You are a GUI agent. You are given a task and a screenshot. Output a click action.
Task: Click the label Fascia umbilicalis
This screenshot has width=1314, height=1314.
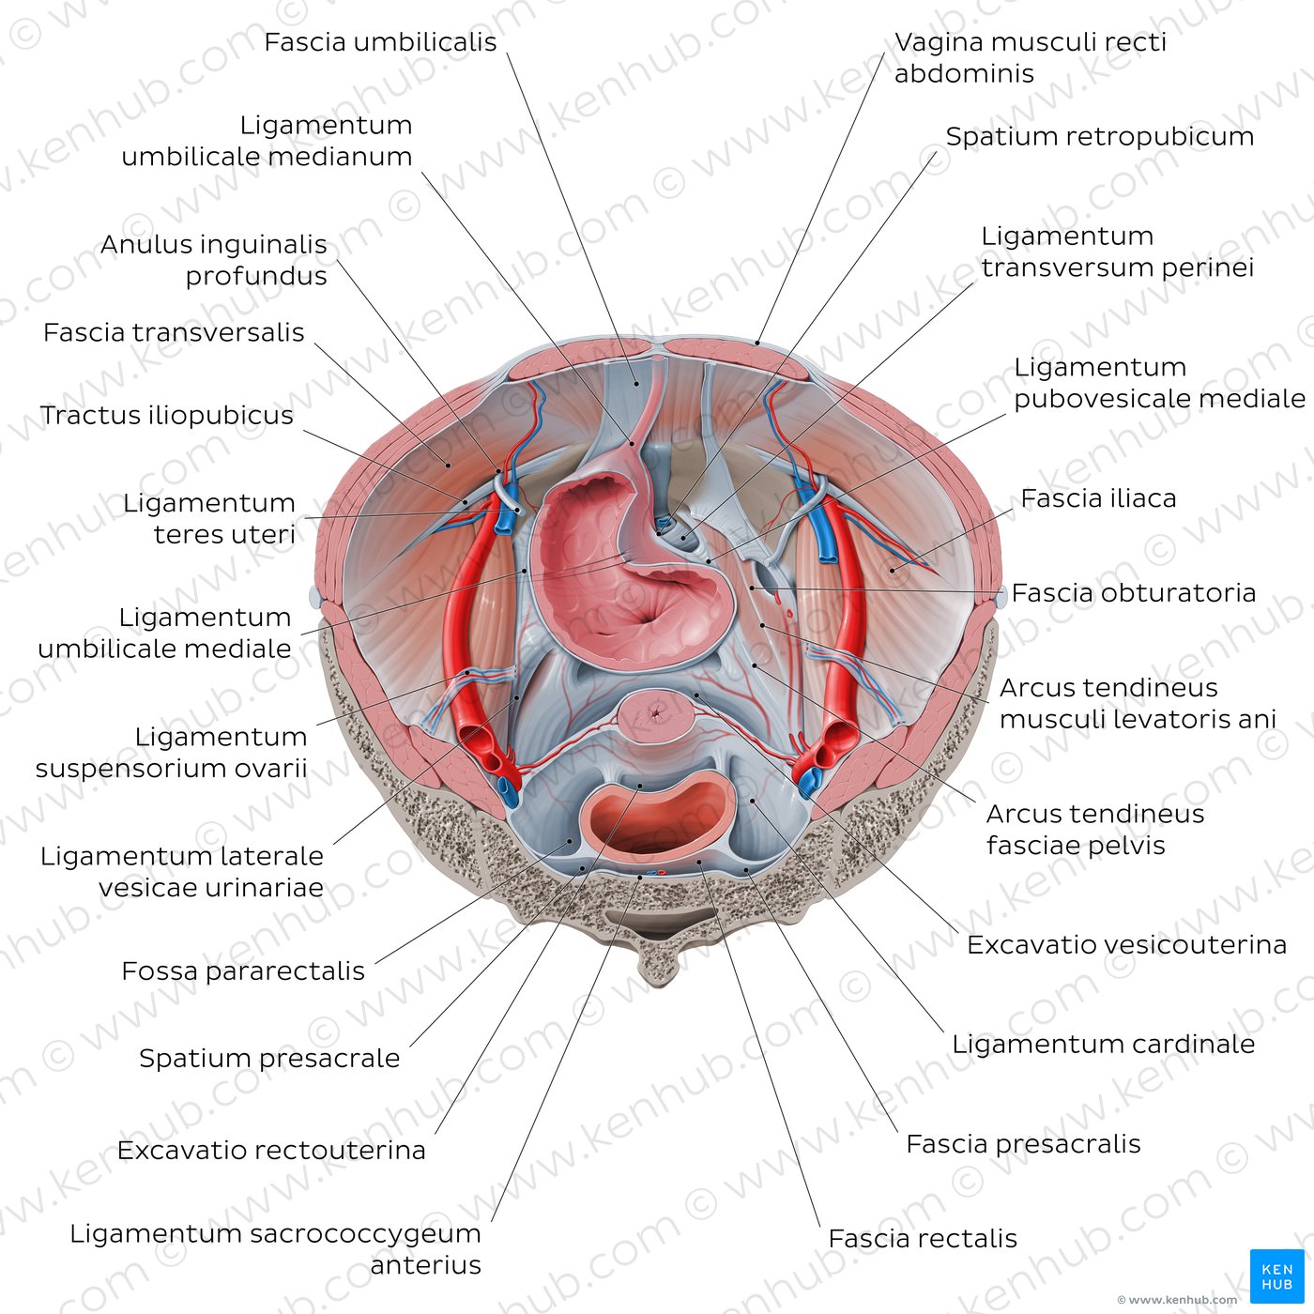(380, 42)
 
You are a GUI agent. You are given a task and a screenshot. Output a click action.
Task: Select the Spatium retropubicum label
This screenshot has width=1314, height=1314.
(1099, 136)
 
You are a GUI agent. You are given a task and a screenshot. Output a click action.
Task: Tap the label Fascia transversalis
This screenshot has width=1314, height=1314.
(174, 333)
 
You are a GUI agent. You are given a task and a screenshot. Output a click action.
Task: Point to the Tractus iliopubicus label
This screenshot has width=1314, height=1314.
(166, 415)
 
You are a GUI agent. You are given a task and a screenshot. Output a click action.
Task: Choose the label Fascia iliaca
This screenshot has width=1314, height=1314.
(1098, 498)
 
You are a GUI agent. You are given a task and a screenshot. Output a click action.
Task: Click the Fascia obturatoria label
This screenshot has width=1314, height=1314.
(1133, 592)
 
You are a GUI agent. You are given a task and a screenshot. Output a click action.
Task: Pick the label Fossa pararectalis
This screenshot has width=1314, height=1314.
(243, 971)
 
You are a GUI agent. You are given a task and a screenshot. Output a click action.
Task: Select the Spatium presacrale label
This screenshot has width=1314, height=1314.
(269, 1059)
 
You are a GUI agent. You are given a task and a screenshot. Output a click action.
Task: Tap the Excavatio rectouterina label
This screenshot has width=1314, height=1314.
(271, 1151)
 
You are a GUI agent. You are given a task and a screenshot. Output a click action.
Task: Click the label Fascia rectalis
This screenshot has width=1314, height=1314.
(922, 1238)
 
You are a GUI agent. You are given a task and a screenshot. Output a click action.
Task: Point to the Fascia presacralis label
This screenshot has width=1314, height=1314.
(1023, 1144)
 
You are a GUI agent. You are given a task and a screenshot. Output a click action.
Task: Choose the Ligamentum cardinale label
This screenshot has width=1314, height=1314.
(1104, 1044)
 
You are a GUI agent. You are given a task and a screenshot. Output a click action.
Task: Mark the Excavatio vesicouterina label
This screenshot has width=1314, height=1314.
(1126, 944)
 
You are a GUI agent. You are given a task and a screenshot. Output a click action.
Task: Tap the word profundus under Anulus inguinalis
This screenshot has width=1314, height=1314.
(256, 276)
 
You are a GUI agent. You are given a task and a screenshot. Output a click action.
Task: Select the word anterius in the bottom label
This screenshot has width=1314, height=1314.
(425, 1265)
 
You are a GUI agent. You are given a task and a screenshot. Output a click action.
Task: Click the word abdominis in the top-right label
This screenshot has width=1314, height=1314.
(964, 73)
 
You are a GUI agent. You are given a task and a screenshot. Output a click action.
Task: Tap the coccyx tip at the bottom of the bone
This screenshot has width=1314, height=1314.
(659, 982)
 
